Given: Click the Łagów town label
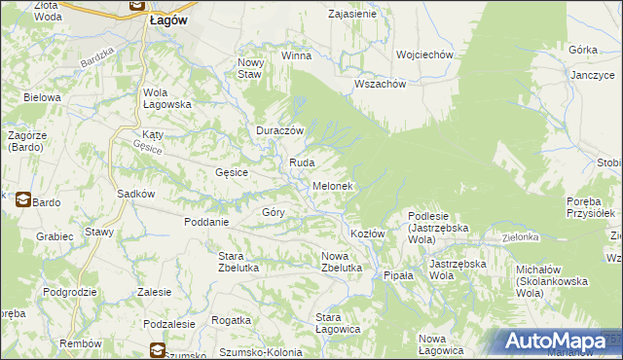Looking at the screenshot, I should (x=168, y=18).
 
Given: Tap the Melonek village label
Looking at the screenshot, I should (x=332, y=185).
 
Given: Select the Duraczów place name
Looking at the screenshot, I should (x=280, y=130).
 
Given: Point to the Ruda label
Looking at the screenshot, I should (x=300, y=162).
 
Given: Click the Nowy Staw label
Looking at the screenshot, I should (x=250, y=68).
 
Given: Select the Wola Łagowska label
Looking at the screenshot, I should (x=161, y=99).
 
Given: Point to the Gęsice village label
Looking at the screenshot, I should (x=232, y=172).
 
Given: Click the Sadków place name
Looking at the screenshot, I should (x=136, y=194).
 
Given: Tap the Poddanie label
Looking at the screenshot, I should (x=205, y=221).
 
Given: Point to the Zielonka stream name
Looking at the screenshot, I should (x=520, y=236).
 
